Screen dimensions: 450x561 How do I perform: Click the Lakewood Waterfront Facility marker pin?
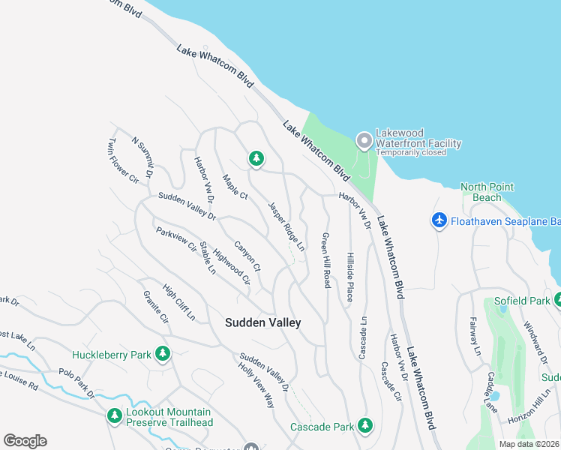[x=364, y=140]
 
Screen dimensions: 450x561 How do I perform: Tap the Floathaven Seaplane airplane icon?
[x=439, y=220]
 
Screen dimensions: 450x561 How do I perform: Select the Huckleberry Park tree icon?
[x=161, y=354]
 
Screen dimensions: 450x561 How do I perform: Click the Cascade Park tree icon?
[x=365, y=426]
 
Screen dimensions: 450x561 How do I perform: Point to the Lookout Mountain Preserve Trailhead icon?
[x=114, y=415]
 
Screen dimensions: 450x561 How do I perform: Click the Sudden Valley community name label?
[x=263, y=322]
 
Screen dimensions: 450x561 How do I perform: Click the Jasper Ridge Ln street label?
[x=286, y=226]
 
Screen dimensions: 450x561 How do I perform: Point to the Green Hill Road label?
[x=326, y=259]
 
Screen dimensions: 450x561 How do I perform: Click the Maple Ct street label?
[x=235, y=186]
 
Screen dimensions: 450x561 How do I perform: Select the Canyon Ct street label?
[x=247, y=255]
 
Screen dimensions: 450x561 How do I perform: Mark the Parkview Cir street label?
[x=176, y=239]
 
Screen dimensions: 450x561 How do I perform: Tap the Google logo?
[x=25, y=441]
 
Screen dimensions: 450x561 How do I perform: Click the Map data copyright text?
[x=529, y=444]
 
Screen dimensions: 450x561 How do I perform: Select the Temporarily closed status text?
[x=411, y=152]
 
